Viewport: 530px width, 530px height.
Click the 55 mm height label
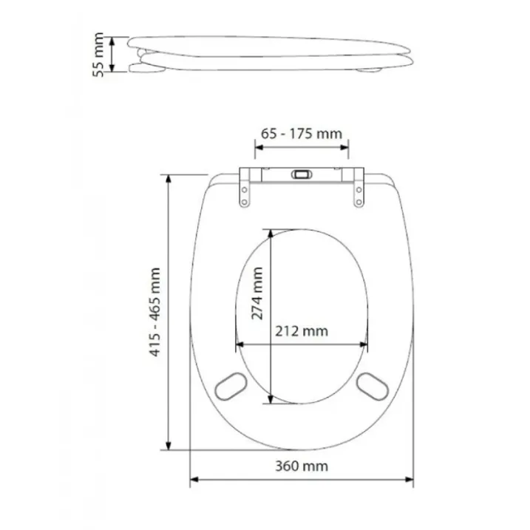point(98,55)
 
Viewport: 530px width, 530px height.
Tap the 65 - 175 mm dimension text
point(302,134)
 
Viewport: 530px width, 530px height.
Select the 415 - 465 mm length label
point(154,312)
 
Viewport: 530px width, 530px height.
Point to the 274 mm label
point(257,293)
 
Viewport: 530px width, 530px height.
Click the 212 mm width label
point(302,331)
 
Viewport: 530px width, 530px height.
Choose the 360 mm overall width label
point(302,466)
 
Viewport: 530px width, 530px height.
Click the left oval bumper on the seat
point(231,387)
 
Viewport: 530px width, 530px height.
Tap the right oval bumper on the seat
point(373,387)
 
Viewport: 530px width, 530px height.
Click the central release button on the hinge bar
point(302,174)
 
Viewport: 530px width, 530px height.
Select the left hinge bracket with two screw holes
point(245,188)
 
